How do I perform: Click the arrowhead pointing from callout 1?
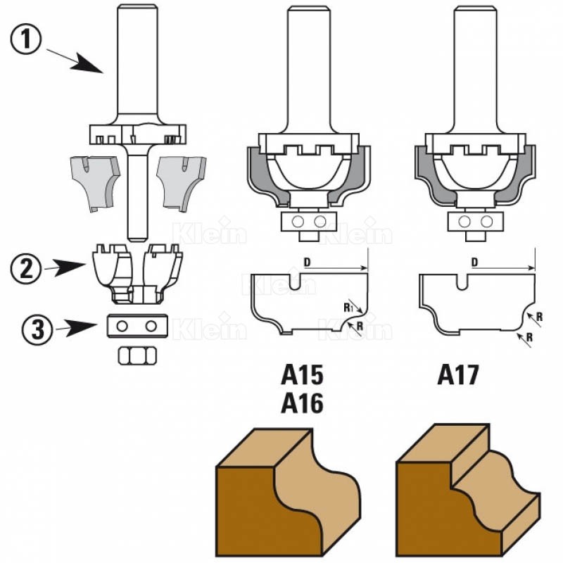click(91, 65)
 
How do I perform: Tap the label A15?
click(302, 374)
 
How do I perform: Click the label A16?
click(302, 403)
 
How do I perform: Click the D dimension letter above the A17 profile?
click(475, 262)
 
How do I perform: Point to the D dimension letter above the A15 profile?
click(307, 262)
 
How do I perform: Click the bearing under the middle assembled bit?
click(308, 222)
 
